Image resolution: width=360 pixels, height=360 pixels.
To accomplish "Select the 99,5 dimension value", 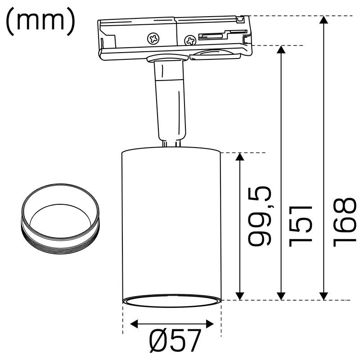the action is [260, 216].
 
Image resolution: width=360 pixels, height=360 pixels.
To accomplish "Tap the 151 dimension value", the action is [301, 226].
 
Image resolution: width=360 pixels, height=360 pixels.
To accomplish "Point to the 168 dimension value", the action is [345, 222].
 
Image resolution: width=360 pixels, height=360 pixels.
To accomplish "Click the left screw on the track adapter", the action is [153, 38].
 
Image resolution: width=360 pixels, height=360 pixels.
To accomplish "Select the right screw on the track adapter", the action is [190, 41].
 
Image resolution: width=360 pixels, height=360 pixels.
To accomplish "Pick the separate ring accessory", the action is [61, 218].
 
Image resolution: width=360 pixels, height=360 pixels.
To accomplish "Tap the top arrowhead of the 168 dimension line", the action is [324, 20].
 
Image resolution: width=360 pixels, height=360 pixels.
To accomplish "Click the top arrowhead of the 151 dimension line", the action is [281, 49].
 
